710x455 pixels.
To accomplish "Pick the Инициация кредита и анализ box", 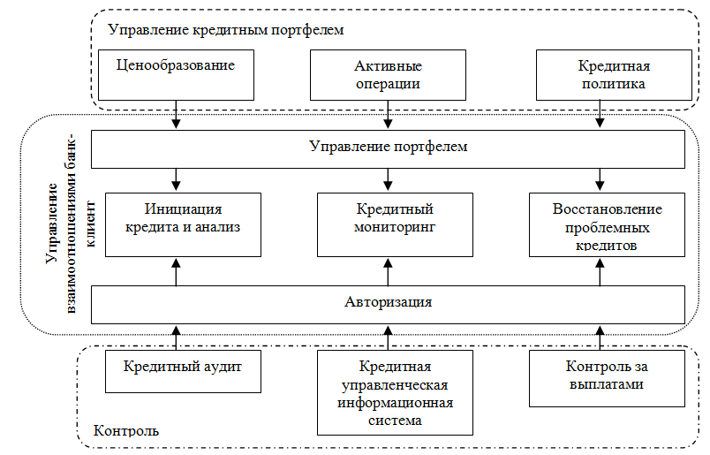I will [177, 223].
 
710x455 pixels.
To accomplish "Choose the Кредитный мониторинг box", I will [388, 223].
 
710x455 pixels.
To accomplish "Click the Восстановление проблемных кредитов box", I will [607, 223].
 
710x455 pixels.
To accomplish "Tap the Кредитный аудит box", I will [184, 370].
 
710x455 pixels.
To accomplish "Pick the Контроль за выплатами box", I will [607, 377].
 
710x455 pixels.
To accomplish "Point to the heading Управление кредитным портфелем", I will [225, 30].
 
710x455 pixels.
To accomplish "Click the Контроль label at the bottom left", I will [125, 432].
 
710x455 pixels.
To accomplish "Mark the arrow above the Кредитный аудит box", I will [177, 337].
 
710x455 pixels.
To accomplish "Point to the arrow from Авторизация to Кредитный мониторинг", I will [388, 271].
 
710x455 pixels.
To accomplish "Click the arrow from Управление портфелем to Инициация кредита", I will [177, 178].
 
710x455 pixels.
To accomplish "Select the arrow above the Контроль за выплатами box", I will [601, 337].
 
